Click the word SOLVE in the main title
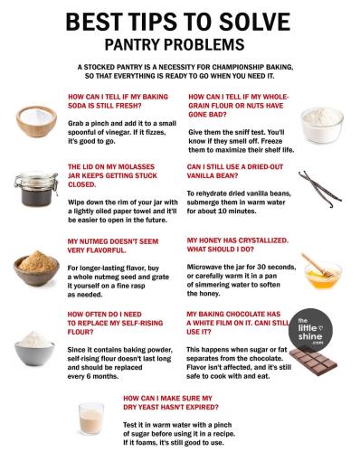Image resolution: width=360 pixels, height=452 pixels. pos(254,22)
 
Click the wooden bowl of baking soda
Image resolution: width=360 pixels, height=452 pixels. pos(36,121)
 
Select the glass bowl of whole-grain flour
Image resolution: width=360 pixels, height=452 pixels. pos(322,125)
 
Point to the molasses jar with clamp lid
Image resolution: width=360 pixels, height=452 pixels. pos(36,189)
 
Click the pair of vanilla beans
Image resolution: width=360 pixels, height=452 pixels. pos(320,189)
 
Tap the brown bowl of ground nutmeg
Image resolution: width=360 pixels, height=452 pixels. pos(36,268)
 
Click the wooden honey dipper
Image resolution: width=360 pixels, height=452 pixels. pos(317,265)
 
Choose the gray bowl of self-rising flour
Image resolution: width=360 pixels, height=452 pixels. pos(34,348)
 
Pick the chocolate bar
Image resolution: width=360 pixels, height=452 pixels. pos(313,361)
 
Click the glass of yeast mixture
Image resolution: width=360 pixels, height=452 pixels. pos(91,419)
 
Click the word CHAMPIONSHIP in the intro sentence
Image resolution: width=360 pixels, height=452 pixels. pos(238,67)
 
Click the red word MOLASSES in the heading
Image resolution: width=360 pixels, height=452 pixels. pos(136,167)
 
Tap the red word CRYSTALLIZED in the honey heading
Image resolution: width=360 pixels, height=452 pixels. pos(261,240)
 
